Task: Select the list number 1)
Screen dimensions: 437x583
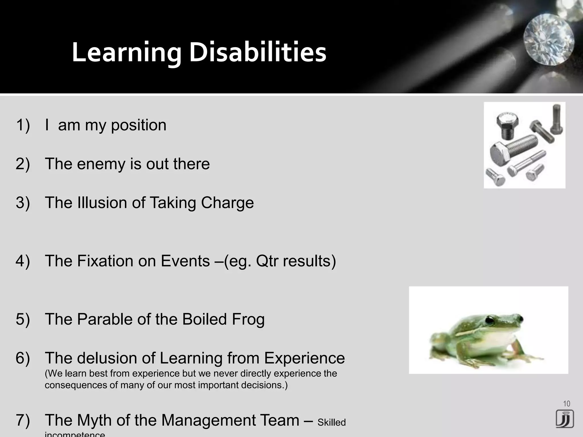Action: [x=23, y=125]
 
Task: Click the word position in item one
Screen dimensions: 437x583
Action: [x=139, y=125]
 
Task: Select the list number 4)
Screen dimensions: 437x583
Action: [x=23, y=261]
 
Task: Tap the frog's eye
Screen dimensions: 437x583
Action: [x=490, y=321]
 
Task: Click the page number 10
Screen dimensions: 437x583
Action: [x=566, y=403]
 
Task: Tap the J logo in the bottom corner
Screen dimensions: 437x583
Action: [x=564, y=419]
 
